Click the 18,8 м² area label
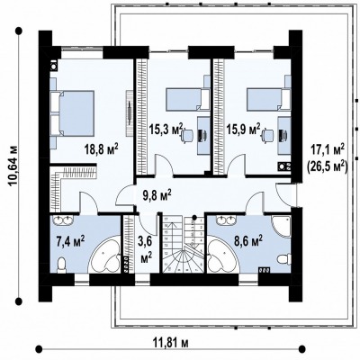click(x=101, y=149)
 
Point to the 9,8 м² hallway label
click(x=156, y=194)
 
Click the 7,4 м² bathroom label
click(x=70, y=241)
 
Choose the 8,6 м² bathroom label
click(x=248, y=241)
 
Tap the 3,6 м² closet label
click(x=146, y=249)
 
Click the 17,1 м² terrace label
click(x=328, y=149)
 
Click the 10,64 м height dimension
click(x=14, y=166)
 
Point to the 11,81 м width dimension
click(x=171, y=342)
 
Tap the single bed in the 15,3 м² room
click(x=188, y=99)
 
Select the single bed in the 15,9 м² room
click(x=268, y=99)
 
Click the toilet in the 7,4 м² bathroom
click(x=61, y=265)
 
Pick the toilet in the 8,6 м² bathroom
click(x=283, y=258)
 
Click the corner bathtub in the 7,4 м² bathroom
click(x=105, y=255)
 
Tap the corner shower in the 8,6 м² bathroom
click(x=282, y=227)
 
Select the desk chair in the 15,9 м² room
click(x=268, y=134)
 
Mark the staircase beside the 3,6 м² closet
click(x=184, y=244)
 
